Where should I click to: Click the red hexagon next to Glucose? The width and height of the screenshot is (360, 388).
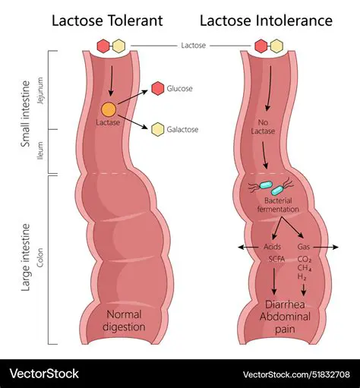tap(157, 89)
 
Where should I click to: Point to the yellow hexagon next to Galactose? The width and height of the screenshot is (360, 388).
tap(157, 129)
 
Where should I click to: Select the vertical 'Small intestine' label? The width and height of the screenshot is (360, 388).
tap(25, 114)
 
